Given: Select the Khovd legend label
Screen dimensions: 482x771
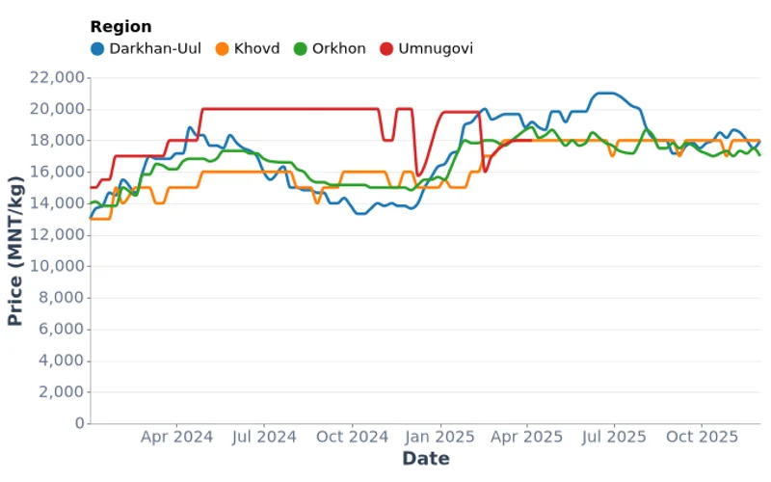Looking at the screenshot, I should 256,48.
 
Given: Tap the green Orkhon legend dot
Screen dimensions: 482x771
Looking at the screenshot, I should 300,48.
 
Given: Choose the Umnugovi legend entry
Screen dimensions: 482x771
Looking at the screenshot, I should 435,48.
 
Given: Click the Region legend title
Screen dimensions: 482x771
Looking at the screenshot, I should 120,27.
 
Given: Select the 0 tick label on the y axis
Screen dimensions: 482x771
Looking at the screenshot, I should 79,423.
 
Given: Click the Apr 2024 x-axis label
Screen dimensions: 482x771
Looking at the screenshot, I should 176,437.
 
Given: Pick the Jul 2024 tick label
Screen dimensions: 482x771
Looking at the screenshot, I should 264,437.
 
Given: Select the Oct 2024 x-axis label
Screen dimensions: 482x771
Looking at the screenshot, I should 353,437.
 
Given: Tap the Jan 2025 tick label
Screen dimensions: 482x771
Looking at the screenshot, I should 441,437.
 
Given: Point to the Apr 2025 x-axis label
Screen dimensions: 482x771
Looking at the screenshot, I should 527,437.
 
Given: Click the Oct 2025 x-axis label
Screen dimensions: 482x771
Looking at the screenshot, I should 703,437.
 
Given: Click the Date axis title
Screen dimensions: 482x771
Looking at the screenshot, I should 425,459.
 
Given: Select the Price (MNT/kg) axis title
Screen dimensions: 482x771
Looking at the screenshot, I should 16,251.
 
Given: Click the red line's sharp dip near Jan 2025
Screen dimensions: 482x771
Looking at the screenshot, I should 417,174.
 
